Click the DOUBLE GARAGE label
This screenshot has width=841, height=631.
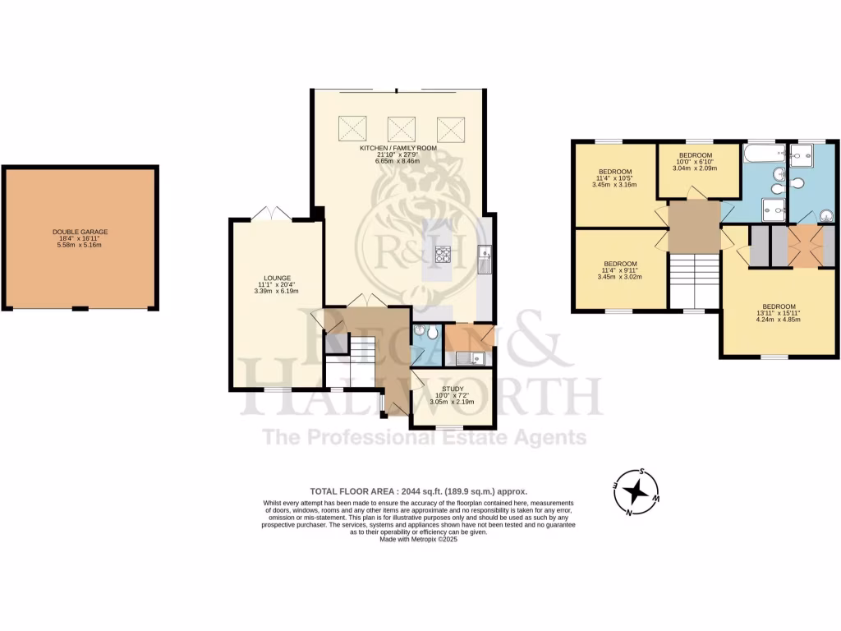80,233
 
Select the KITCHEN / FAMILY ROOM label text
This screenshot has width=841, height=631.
398,148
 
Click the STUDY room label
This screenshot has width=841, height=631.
453,389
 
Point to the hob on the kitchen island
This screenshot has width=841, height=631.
443,256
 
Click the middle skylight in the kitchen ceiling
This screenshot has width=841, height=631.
401,127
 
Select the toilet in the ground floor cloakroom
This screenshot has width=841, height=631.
421,331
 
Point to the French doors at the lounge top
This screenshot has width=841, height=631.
273,214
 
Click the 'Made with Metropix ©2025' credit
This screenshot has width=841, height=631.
420,540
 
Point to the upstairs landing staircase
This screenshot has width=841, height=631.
695,280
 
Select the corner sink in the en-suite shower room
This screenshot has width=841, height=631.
826,216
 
